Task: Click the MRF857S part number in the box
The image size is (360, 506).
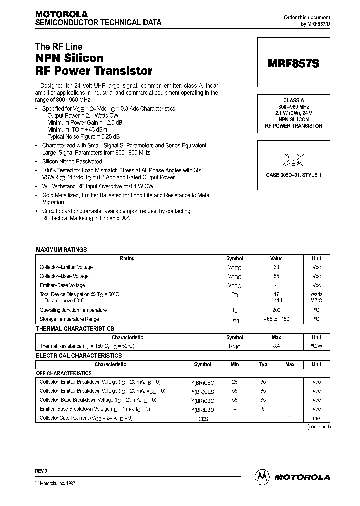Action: click(x=293, y=64)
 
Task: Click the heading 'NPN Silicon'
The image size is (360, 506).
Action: click(x=69, y=58)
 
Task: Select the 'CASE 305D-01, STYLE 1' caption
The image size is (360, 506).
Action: click(x=293, y=175)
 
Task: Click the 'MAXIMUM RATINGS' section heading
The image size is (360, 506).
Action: click(x=61, y=249)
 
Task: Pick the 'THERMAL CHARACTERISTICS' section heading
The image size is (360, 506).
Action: click(x=75, y=329)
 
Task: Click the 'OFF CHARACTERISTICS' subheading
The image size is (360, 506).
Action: click(x=64, y=373)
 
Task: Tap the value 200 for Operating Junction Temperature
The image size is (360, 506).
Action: click(x=276, y=310)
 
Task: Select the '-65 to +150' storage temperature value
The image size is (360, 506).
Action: click(x=276, y=319)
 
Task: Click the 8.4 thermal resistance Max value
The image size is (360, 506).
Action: click(x=276, y=346)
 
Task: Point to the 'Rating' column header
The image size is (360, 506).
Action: click(x=127, y=259)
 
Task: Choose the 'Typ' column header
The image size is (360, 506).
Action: click(x=263, y=364)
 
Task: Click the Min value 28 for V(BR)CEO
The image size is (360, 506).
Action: click(x=235, y=382)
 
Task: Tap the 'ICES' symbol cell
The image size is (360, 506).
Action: click(x=202, y=418)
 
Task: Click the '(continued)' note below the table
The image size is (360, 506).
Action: click(x=318, y=427)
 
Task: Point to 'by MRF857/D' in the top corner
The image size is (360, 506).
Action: click(x=315, y=24)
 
